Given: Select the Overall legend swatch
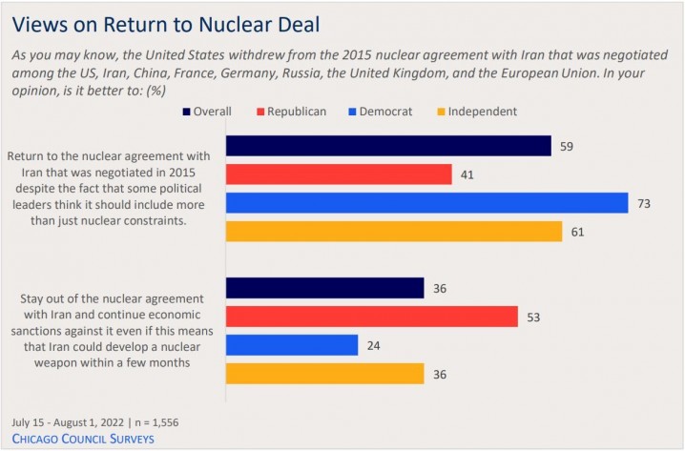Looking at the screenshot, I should [x=186, y=112].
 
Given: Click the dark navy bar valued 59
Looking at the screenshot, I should [x=388, y=146].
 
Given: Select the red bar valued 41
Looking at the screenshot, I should [x=339, y=174].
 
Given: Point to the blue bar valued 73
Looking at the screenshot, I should [x=426, y=203].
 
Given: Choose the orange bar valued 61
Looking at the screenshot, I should [x=394, y=232].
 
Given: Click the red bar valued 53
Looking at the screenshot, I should [x=371, y=317].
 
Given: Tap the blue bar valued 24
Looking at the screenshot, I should [x=292, y=344].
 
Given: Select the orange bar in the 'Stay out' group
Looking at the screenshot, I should [x=324, y=373].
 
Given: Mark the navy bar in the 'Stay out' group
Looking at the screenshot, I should [x=324, y=288].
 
